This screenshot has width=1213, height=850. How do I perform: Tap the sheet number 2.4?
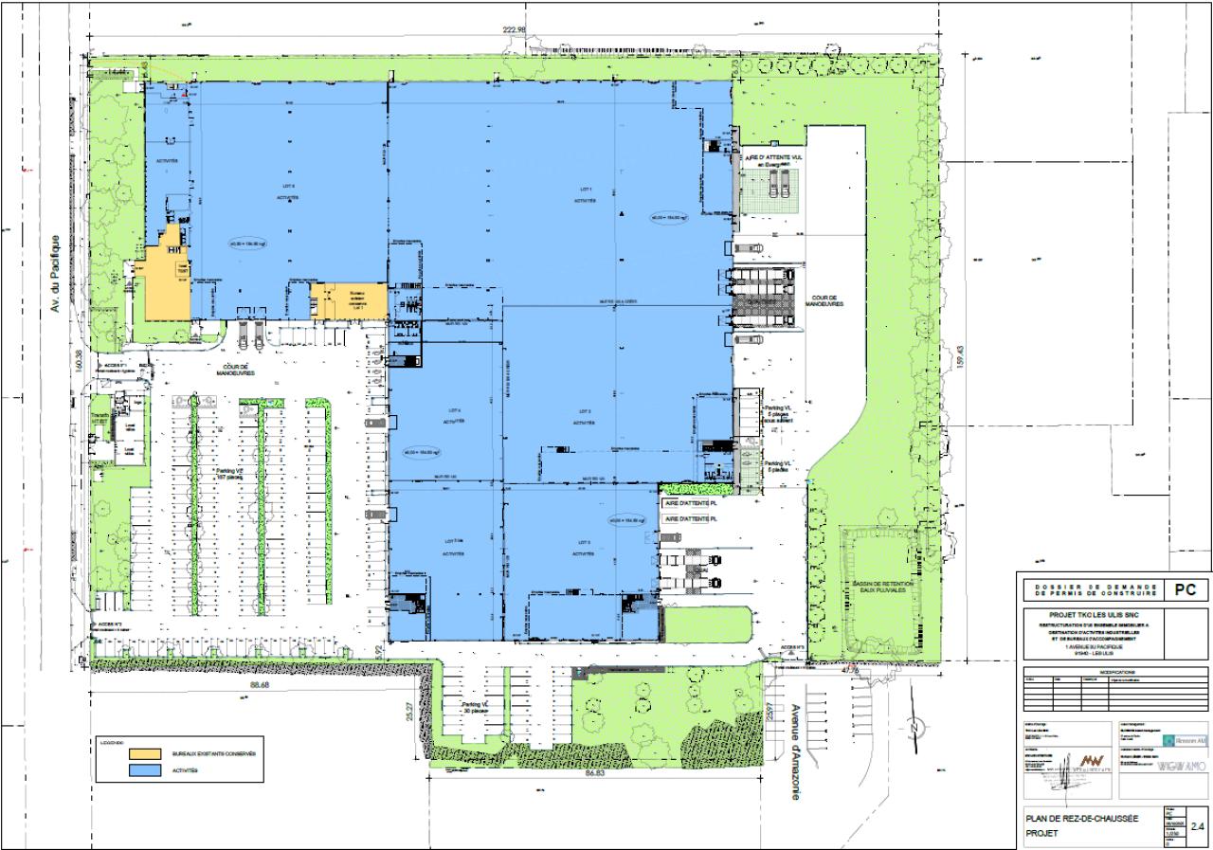click(x=1196, y=825)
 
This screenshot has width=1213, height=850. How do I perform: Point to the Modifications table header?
click(x=1111, y=671)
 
